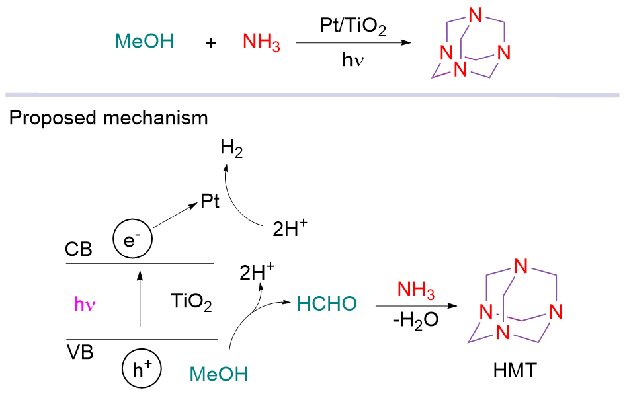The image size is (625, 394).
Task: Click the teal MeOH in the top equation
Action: coord(144,42)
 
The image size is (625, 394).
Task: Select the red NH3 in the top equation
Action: coord(261,43)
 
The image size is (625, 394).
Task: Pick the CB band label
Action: coord(79,250)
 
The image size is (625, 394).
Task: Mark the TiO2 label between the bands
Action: coord(190,303)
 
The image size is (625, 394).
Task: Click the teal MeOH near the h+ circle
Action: coord(218,375)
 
